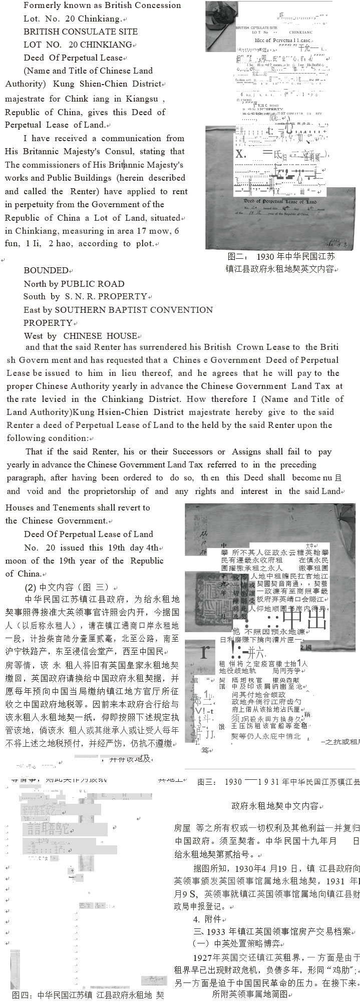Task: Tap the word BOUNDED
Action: pos(46,271)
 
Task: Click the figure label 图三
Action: pos(206,782)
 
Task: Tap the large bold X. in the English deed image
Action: pos(242,154)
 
